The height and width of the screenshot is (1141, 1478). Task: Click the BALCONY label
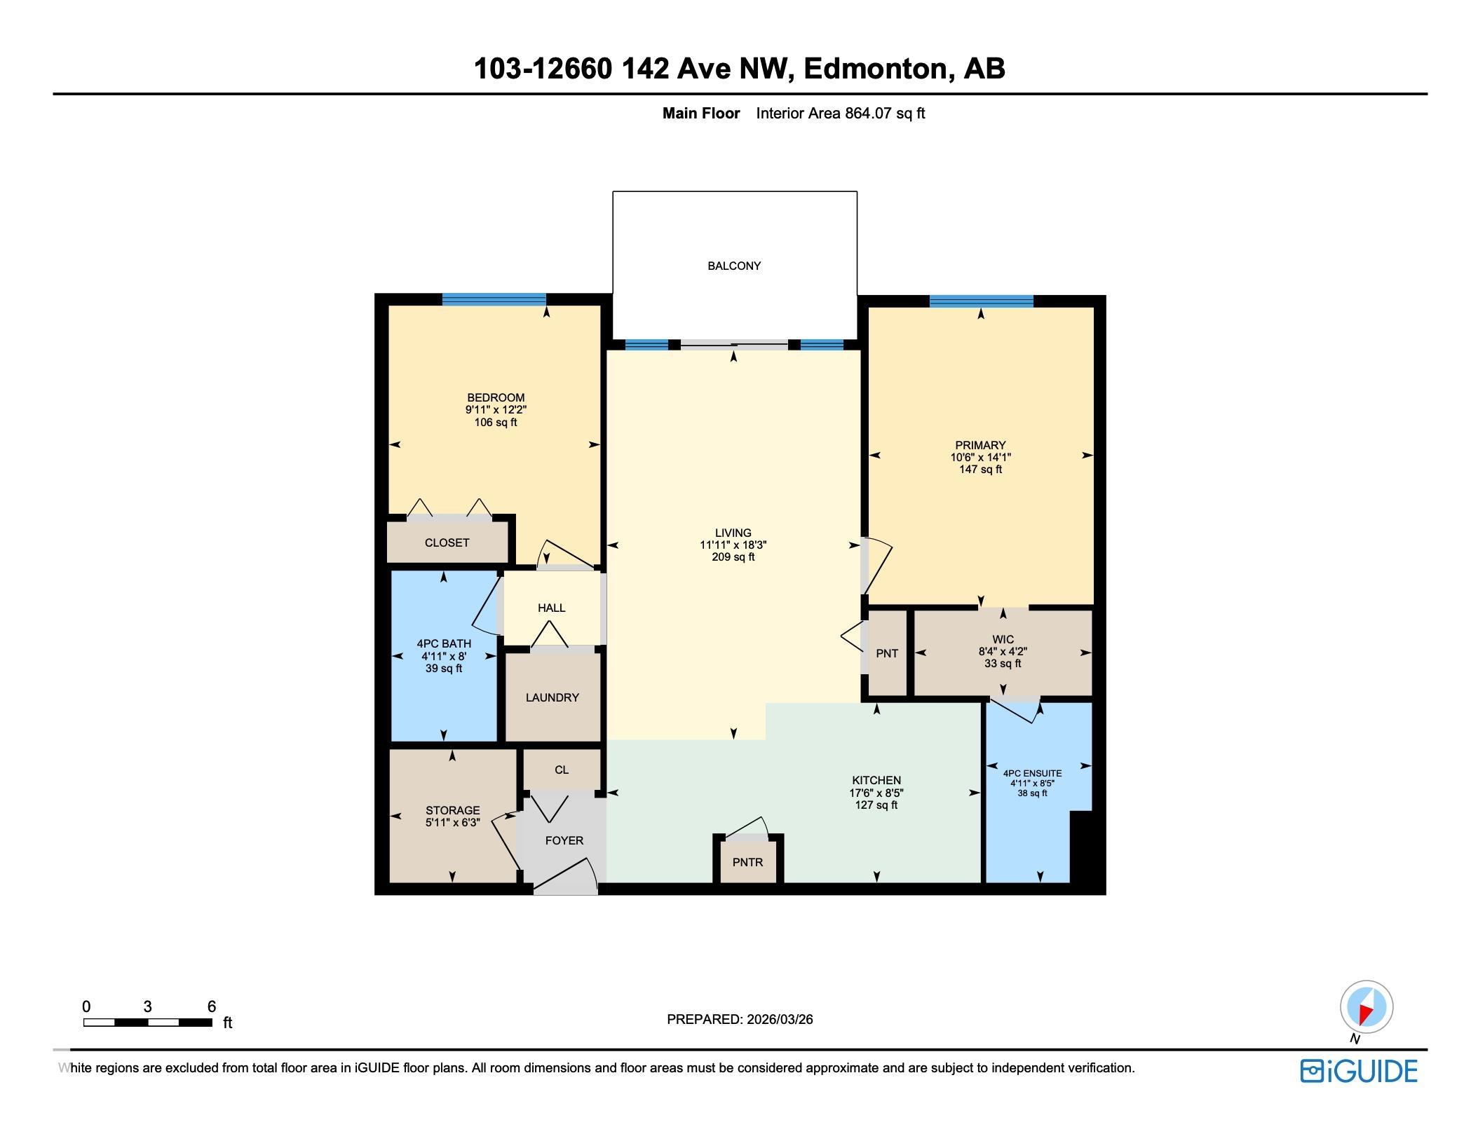(x=734, y=266)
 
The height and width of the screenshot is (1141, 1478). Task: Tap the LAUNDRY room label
(x=552, y=697)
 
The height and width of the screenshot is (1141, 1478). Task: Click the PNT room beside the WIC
(x=887, y=653)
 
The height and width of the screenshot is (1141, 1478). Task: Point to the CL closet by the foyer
(x=562, y=770)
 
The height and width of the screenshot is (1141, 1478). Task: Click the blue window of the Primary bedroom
(x=981, y=301)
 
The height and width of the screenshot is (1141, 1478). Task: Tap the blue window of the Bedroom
(x=494, y=299)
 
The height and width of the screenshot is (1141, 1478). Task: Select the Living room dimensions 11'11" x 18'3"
(x=733, y=545)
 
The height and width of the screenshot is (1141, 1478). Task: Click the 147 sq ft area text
(x=980, y=470)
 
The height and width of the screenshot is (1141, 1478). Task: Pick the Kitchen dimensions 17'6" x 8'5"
(x=876, y=793)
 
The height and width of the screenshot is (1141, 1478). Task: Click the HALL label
(x=552, y=608)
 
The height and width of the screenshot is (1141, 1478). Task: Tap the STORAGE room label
(x=453, y=810)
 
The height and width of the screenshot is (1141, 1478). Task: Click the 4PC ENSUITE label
(x=1032, y=774)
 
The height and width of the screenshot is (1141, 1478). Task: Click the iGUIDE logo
(x=1359, y=1071)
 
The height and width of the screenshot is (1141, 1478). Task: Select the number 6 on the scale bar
(x=212, y=1006)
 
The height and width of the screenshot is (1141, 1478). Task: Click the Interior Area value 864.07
(x=868, y=113)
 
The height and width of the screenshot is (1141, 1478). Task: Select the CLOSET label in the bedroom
(x=447, y=542)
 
